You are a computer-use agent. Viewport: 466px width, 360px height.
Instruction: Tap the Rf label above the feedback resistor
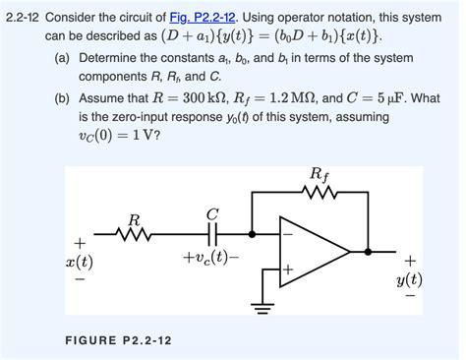point(320,176)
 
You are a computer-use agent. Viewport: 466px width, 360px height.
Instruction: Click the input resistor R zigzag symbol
point(134,234)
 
